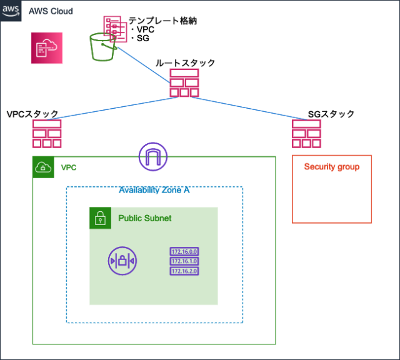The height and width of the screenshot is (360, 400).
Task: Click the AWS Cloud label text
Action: click(51, 11)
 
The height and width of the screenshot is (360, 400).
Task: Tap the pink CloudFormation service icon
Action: click(47, 47)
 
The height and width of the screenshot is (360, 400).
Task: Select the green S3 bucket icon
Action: click(103, 46)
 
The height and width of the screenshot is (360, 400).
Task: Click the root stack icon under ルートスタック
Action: click(184, 82)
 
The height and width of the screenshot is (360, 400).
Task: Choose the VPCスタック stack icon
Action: click(47, 132)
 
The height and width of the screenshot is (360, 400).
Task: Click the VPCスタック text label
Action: click(32, 114)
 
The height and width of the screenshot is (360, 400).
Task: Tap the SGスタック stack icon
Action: click(306, 132)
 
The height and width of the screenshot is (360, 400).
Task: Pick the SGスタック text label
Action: click(331, 114)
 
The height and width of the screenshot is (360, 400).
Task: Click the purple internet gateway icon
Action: click(152, 156)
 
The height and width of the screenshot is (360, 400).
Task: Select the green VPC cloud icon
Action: click(42, 167)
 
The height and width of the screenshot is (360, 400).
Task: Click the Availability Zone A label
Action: click(154, 191)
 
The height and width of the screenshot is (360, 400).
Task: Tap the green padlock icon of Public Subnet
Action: click(99, 217)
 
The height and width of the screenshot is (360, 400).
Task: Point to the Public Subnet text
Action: click(145, 218)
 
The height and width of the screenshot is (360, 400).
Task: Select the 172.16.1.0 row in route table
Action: click(183, 261)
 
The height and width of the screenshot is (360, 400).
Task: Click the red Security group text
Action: click(332, 167)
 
